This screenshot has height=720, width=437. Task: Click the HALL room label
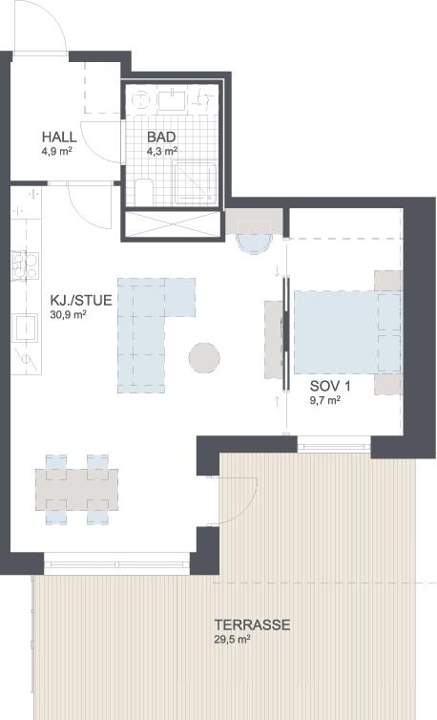pyautogui.click(x=59, y=137)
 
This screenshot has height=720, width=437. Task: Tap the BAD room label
pyautogui.click(x=161, y=137)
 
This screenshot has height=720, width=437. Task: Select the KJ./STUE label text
pyautogui.click(x=81, y=300)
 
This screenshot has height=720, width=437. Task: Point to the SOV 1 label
pyautogui.click(x=330, y=386)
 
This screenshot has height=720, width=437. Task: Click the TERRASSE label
pyautogui.click(x=252, y=625)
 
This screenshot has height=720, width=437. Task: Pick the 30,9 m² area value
pyautogui.click(x=68, y=315)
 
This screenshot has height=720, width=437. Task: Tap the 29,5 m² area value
pyautogui.click(x=232, y=640)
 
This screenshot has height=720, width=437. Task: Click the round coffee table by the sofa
pyautogui.click(x=204, y=358)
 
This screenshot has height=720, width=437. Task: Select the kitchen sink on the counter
pyautogui.click(x=25, y=328)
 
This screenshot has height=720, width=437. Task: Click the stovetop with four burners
pyautogui.click(x=25, y=265)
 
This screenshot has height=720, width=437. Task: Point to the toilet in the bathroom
pyautogui.click(x=144, y=193)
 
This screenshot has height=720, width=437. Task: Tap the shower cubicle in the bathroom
pyautogui.click(x=196, y=182)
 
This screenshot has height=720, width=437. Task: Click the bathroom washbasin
pyautogui.click(x=172, y=100)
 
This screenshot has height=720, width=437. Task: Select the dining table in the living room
pyautogui.click(x=76, y=490)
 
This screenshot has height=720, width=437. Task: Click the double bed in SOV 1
pyautogui.click(x=348, y=331)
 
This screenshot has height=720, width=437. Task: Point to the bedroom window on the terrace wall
pyautogui.click(x=334, y=444)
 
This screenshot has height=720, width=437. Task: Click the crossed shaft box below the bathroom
pyautogui.click(x=173, y=224)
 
